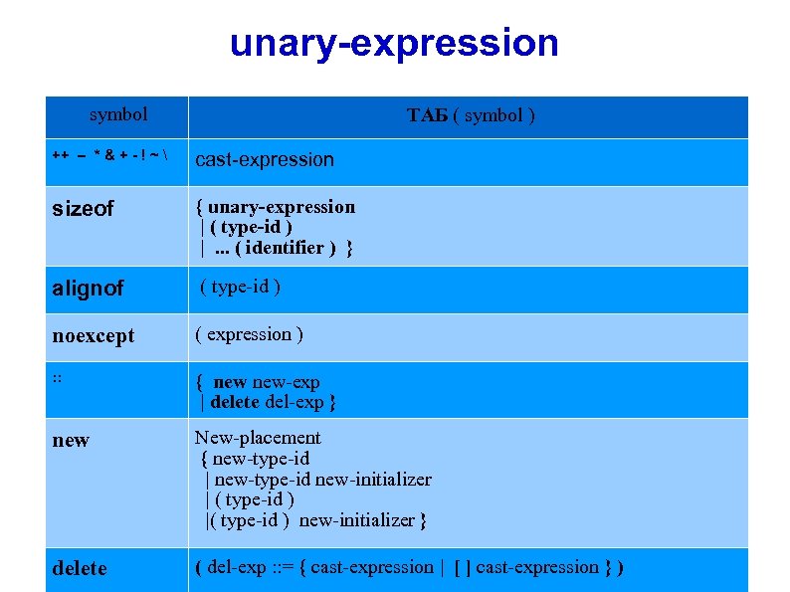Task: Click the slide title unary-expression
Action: (x=394, y=44)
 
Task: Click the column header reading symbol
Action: (x=117, y=115)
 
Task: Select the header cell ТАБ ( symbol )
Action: (x=471, y=116)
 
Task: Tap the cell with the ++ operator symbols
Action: (x=111, y=157)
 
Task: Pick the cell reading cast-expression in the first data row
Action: (x=265, y=159)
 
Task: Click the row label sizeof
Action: (x=83, y=209)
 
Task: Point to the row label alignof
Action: (x=88, y=289)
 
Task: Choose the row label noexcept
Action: (x=93, y=336)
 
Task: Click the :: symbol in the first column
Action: (x=59, y=376)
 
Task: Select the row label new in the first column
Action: (x=71, y=440)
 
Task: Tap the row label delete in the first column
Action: (x=79, y=568)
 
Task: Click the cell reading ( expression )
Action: (x=250, y=334)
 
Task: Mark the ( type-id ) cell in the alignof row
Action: (x=240, y=288)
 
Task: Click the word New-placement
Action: (x=258, y=438)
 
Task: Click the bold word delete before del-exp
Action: (x=236, y=402)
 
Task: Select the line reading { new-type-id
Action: (x=255, y=459)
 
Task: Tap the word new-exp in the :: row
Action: (x=286, y=382)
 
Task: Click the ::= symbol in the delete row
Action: (x=293, y=567)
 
